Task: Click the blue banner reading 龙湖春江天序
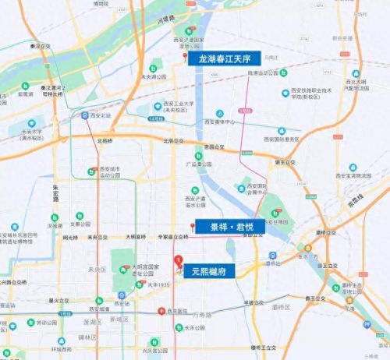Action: coord(225,58)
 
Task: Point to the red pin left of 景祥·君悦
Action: coord(192,226)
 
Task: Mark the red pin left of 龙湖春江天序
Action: coord(185,56)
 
